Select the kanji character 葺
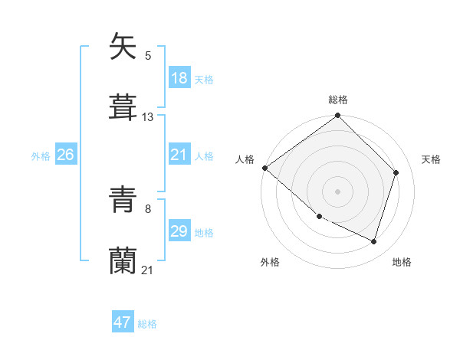point(123,107)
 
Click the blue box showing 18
point(179,78)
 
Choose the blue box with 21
point(179,155)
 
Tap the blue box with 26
point(66,155)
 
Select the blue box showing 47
point(123,322)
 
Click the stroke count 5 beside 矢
point(148,55)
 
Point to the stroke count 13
point(148,117)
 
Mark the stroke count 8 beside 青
point(148,208)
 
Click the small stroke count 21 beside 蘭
point(148,270)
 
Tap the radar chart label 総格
point(338,100)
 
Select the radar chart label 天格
point(431,159)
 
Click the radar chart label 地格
point(402,262)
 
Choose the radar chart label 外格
point(270,262)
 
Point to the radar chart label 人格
point(245,159)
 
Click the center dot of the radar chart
point(337,191)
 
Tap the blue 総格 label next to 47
point(147,324)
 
